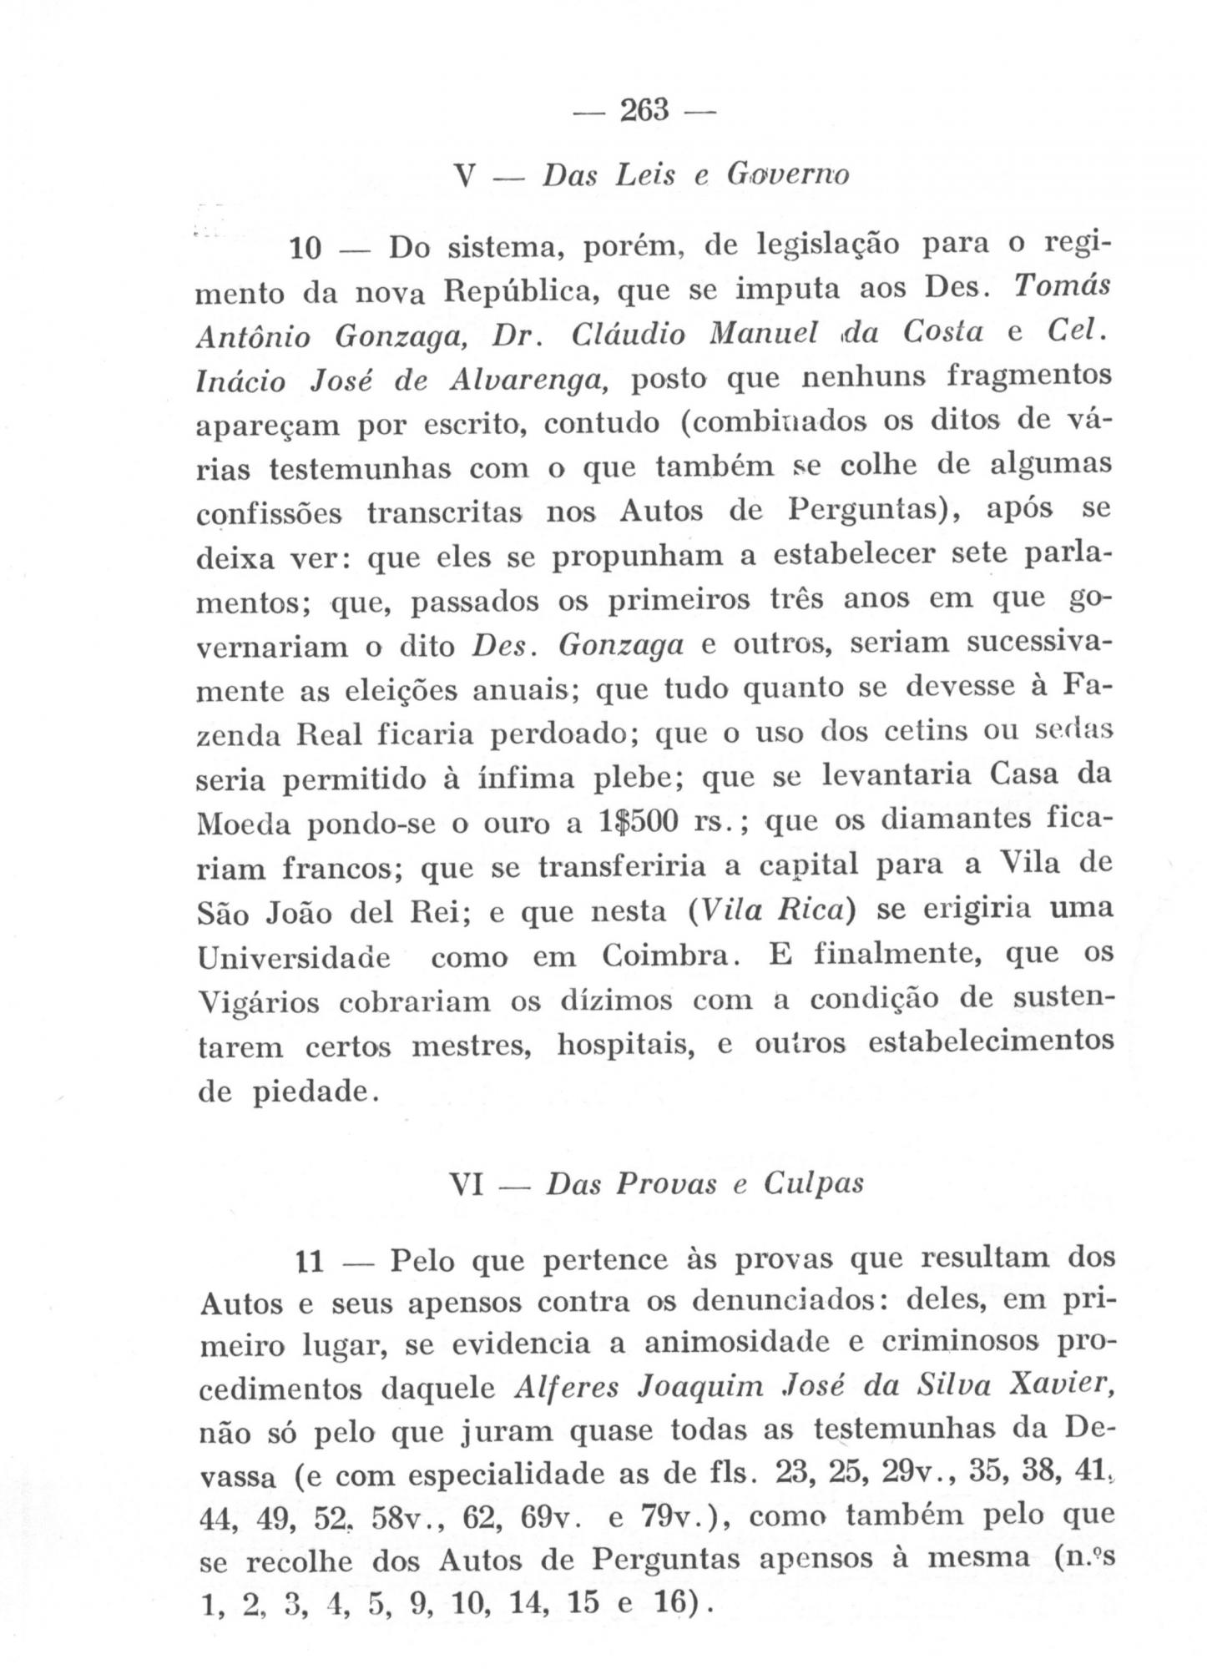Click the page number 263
645,110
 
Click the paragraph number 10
306,250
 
